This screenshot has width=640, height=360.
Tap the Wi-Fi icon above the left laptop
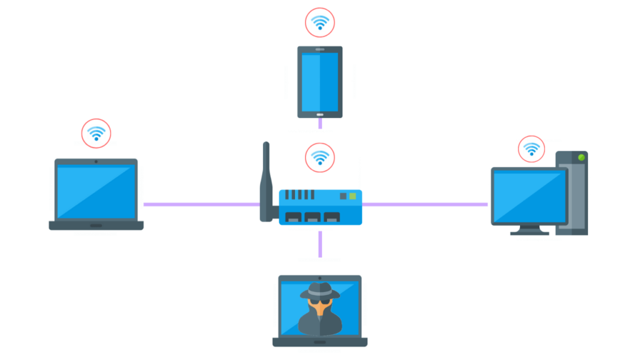click(96, 133)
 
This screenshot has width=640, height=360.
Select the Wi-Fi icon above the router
click(320, 157)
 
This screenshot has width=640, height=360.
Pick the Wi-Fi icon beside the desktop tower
click(531, 149)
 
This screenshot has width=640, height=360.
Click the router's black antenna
click(266, 178)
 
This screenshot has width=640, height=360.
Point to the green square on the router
click(353, 196)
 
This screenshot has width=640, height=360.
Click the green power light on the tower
click(581, 157)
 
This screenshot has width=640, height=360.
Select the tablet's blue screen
click(320, 81)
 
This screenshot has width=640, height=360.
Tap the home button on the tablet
click(320, 114)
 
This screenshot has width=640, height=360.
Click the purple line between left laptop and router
click(200, 204)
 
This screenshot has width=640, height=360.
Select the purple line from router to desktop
click(425, 204)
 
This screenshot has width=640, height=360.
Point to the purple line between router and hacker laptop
click(320, 244)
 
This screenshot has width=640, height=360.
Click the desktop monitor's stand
click(529, 230)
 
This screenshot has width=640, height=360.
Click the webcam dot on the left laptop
click(96, 162)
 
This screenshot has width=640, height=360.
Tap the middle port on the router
click(312, 217)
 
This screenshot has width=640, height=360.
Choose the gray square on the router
click(342, 196)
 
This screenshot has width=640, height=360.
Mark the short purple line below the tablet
click(320, 123)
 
